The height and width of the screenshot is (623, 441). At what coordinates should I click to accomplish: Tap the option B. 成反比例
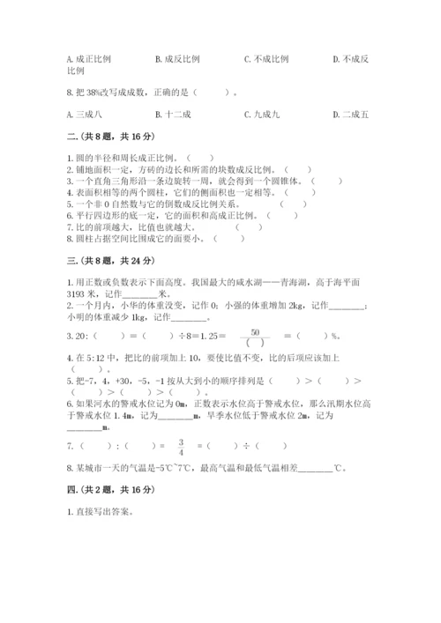click(177, 59)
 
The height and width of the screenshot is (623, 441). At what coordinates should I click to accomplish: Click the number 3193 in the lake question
click(80, 295)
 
